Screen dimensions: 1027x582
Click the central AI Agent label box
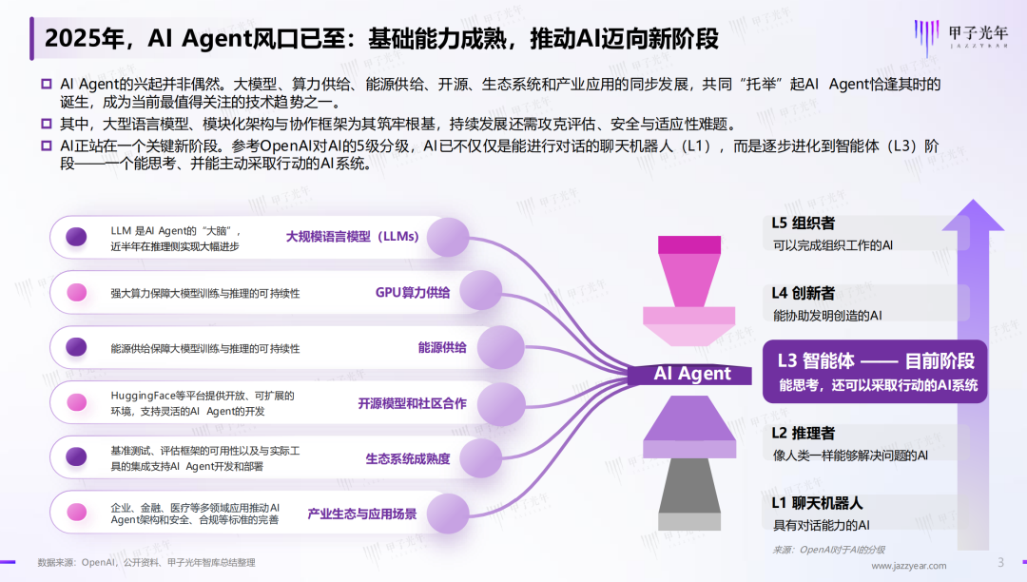pos(692,374)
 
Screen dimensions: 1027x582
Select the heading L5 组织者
pos(804,223)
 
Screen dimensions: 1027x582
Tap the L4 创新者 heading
pos(804,293)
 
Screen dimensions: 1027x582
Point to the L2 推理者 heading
pos(804,434)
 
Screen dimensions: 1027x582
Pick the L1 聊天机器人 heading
pos(817,503)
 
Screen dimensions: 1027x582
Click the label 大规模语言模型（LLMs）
pos(352,237)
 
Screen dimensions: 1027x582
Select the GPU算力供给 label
pos(412,292)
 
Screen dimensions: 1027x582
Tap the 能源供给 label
pos(442,348)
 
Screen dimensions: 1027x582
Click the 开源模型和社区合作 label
pos(412,403)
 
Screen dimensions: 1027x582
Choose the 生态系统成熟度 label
pos(408,458)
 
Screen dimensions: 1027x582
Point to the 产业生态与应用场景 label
pos(361,514)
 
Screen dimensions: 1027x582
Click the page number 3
pos(999,562)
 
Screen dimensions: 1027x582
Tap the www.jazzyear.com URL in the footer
pos(909,566)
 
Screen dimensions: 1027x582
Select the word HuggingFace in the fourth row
pos(144,396)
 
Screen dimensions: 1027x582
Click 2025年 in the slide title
pos(82,39)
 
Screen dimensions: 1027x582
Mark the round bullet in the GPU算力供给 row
pos(77,292)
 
